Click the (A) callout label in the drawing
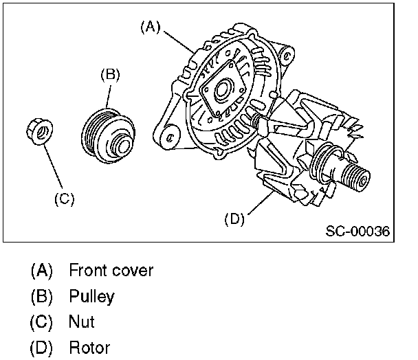pyautogui.click(x=150, y=27)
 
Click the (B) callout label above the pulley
pyautogui.click(x=111, y=74)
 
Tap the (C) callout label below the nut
pyautogui.click(x=64, y=199)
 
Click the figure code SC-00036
pyautogui.click(x=357, y=232)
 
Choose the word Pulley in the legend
pyautogui.click(x=91, y=297)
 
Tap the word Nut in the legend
pyautogui.click(x=81, y=322)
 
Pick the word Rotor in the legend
pyautogui.click(x=89, y=348)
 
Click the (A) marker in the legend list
pyautogui.click(x=41, y=271)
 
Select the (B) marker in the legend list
pyautogui.click(x=41, y=297)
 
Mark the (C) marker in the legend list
pyautogui.click(x=41, y=322)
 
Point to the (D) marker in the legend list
pyautogui.click(x=41, y=348)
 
